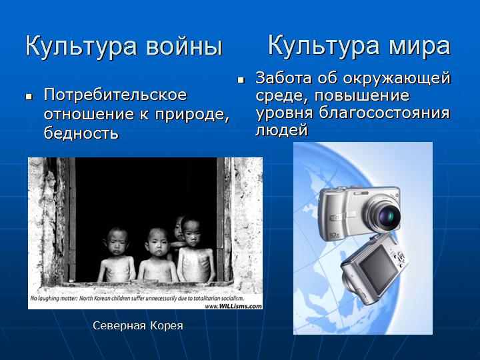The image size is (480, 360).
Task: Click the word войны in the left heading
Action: pyautogui.click(x=184, y=47)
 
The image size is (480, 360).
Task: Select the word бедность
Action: pyautogui.click(x=81, y=133)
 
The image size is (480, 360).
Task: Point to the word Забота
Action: pyautogui.click(x=284, y=78)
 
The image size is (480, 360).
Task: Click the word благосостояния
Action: pyautogui.click(x=385, y=113)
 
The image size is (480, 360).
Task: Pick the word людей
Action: pyautogui.click(x=281, y=130)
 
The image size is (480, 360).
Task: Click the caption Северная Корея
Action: pyautogui.click(x=138, y=326)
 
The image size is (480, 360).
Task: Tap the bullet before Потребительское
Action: pyautogui.click(x=29, y=97)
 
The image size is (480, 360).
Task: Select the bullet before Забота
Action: pyautogui.click(x=241, y=80)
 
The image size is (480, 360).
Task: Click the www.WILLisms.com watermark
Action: pyautogui.click(x=233, y=306)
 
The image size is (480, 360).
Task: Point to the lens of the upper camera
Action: pyautogui.click(x=386, y=217)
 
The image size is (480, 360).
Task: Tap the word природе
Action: pyautogui.click(x=192, y=115)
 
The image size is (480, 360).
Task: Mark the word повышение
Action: pyautogui.click(x=362, y=95)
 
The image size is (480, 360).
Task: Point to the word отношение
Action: pyautogui.click(x=89, y=115)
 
